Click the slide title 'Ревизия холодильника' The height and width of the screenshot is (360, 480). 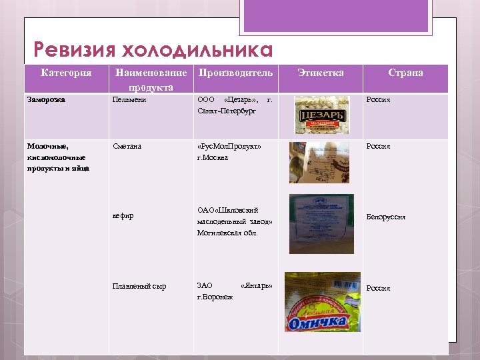pos(153,51)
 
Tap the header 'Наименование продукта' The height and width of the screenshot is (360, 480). pos(151,79)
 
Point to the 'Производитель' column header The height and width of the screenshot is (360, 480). pos(235,73)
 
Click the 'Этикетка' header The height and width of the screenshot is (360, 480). pos(321,73)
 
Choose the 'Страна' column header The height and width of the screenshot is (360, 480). pos(405,73)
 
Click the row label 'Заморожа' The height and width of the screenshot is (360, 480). pos(46,100)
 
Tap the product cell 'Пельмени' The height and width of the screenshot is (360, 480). pos(130,100)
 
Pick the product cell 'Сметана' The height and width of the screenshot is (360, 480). pos(127,146)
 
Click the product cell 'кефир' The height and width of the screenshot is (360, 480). pos(123,216)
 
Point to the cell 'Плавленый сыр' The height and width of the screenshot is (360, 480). pos(139,287)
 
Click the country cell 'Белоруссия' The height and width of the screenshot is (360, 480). pos(386,217)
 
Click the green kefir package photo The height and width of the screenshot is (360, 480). pos(321,223)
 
